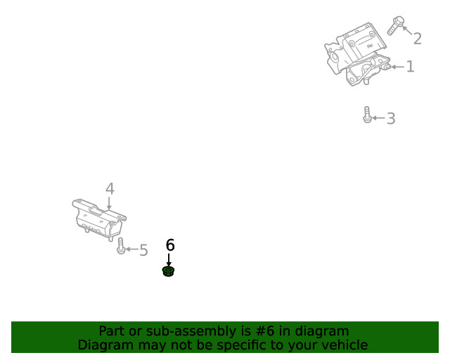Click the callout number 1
click(411, 67)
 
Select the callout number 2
click(418, 39)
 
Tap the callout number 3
click(391, 118)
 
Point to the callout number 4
click(110, 188)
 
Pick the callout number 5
click(143, 250)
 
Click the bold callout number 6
click(170, 245)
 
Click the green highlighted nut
click(169, 271)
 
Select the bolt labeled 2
click(396, 25)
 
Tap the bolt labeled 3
click(367, 115)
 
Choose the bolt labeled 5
click(121, 245)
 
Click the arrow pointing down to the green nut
click(169, 259)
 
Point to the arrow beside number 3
click(378, 117)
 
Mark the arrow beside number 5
click(131, 249)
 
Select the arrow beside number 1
click(398, 67)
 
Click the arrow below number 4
click(109, 203)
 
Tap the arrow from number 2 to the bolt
click(408, 30)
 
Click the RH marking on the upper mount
click(370, 46)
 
